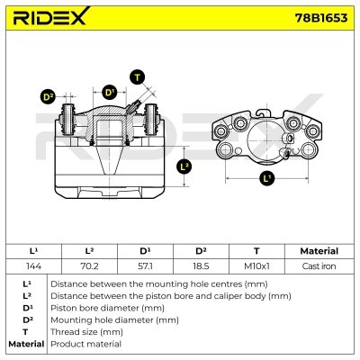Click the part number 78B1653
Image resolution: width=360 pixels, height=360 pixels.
click(319, 17)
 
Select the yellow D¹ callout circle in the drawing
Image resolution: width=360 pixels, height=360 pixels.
click(109, 92)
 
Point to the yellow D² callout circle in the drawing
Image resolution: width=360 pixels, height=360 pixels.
click(49, 96)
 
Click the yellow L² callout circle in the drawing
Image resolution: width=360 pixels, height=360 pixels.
click(184, 166)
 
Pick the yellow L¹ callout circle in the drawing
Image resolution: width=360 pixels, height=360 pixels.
click(266, 178)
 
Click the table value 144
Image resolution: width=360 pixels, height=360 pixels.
click(33, 266)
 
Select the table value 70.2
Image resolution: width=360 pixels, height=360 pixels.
click(89, 266)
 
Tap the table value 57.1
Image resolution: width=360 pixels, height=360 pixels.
click(145, 266)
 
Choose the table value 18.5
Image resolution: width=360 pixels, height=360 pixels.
click(201, 266)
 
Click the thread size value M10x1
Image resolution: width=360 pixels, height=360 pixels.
click(256, 266)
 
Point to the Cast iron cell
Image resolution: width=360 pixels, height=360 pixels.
click(319, 266)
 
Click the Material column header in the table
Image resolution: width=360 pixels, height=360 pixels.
click(319, 251)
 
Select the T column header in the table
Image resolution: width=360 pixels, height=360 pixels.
click(256, 251)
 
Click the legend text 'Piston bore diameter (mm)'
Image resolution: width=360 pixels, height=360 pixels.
click(108, 307)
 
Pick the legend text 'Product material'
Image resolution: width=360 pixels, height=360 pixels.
click(85, 344)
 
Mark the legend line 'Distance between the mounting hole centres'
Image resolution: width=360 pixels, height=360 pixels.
click(153, 283)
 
